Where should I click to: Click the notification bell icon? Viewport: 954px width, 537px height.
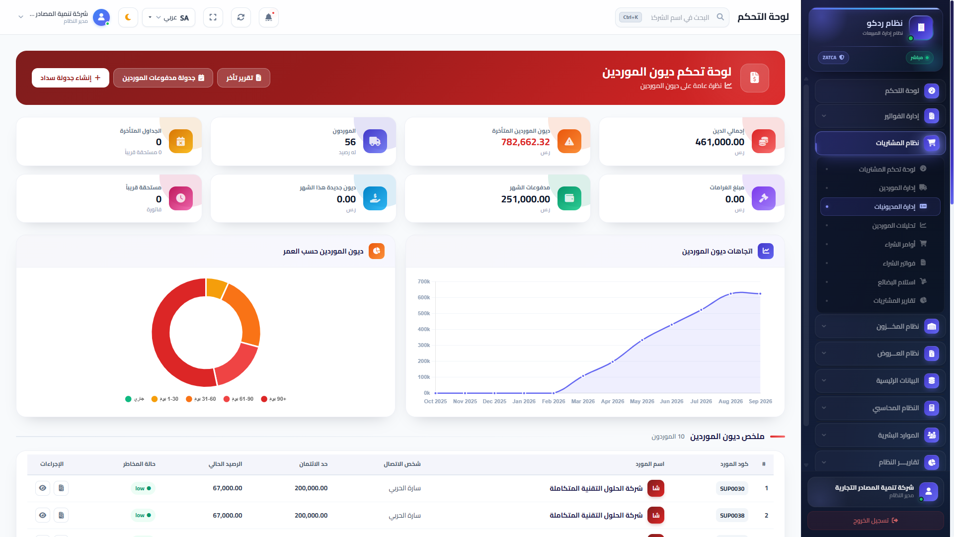[268, 17]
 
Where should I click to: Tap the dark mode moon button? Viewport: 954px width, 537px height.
[128, 17]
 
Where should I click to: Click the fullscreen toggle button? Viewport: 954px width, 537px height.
[213, 17]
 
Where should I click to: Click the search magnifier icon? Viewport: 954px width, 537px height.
[720, 17]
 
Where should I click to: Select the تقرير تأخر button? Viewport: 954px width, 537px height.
[243, 78]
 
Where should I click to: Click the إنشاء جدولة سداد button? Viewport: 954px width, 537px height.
[71, 78]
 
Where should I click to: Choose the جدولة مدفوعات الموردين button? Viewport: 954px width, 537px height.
[163, 78]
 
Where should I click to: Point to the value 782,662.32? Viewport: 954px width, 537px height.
[525, 142]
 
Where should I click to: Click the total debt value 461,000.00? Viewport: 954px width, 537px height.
[719, 142]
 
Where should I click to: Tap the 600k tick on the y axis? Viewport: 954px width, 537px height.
[424, 297]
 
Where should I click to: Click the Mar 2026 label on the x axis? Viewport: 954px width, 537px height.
[583, 401]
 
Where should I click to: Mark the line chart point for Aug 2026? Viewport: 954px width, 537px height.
[731, 294]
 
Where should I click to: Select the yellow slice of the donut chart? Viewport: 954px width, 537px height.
[216, 288]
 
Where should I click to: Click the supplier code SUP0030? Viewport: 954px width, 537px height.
[732, 489]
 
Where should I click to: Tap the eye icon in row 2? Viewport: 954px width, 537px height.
[43, 515]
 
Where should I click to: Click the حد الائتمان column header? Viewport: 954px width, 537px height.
[313, 464]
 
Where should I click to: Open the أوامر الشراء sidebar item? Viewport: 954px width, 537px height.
[900, 244]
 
